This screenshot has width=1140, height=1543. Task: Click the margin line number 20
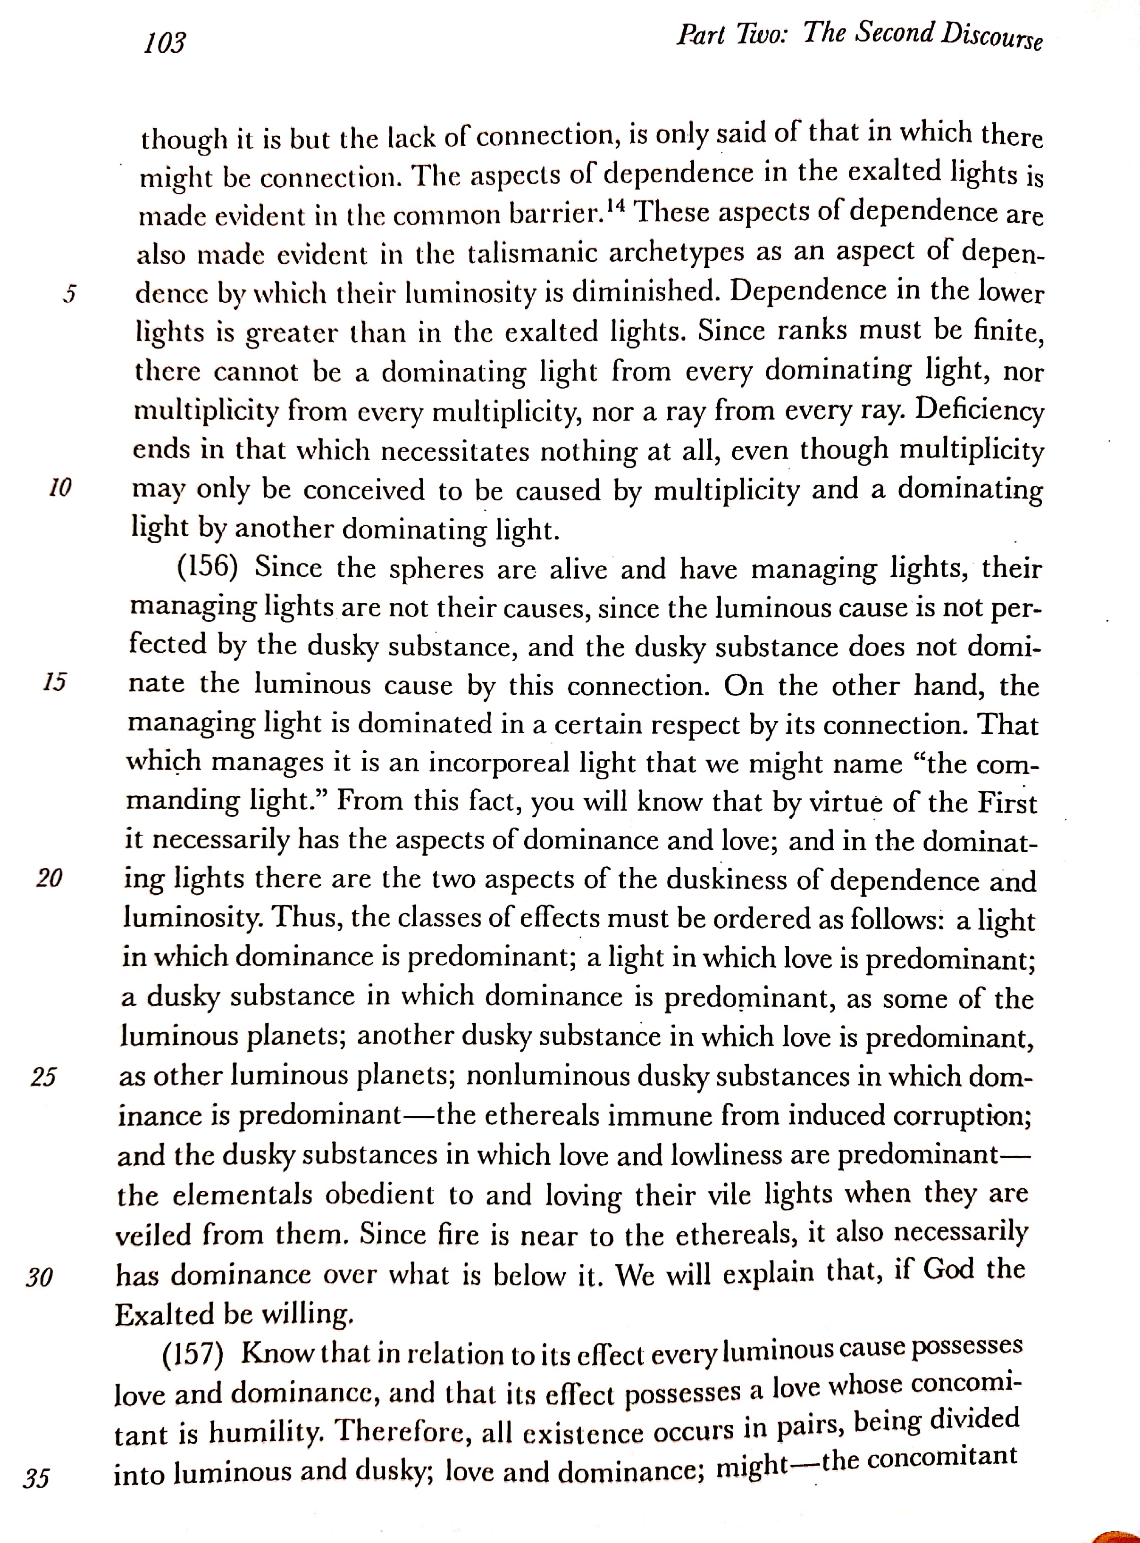[49, 878]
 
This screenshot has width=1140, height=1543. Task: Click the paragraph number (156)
[208, 567]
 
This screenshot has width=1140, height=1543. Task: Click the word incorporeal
[494, 763]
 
